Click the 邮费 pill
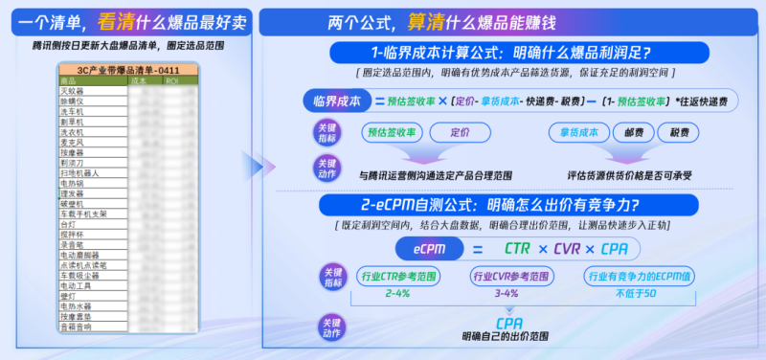tap(633, 133)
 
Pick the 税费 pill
tap(679, 133)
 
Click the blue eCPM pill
tap(428, 248)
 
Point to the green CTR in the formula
tap(518, 249)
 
